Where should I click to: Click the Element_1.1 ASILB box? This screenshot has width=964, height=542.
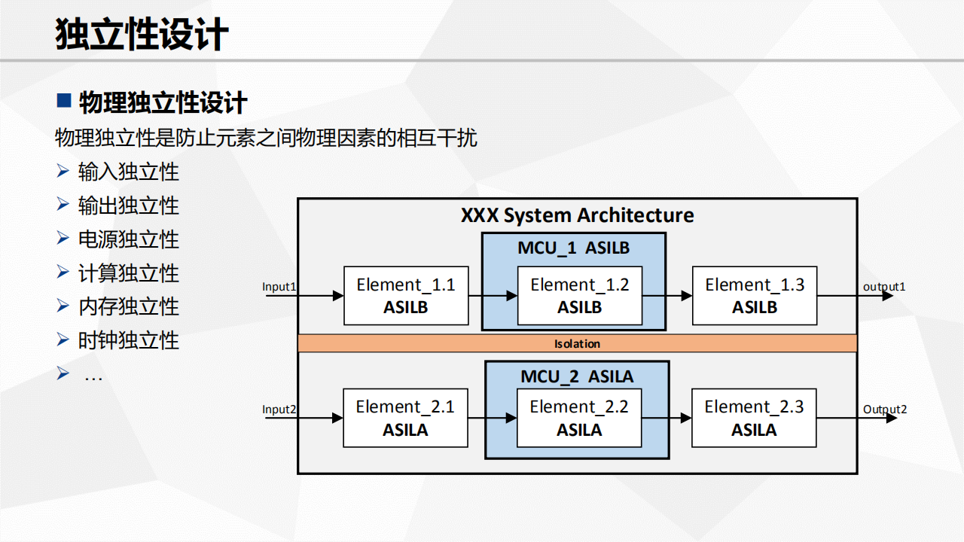406,296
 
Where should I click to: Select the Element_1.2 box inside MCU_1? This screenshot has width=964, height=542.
580,296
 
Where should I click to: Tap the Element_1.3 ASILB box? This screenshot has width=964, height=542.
755,296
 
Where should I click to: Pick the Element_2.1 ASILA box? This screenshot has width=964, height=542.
405,418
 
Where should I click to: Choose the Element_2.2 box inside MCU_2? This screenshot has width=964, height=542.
579,418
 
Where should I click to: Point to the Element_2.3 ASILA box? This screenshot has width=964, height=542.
754,418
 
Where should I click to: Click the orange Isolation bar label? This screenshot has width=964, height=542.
577,344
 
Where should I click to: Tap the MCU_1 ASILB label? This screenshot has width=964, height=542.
574,248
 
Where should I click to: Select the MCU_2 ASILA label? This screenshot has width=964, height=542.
577,377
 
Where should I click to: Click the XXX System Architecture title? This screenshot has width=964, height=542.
577,215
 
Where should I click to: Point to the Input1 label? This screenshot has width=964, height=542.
279,287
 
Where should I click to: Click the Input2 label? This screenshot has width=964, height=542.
279,409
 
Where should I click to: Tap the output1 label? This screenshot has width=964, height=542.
884,287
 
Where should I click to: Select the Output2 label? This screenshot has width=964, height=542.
885,410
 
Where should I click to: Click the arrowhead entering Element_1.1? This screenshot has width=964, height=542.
338,296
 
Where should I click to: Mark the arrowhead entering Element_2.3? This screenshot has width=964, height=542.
686,418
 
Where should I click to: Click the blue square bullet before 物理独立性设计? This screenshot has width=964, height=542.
64,100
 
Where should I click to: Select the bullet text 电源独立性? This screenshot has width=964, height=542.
128,239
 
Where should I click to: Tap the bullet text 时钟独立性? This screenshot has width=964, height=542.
128,340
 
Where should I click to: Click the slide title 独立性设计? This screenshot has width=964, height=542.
142,34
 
